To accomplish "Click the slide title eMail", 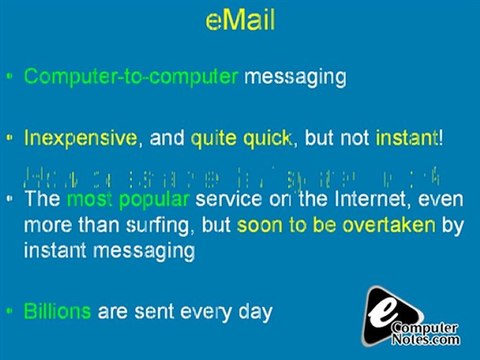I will [240, 20].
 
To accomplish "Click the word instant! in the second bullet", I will [409, 137].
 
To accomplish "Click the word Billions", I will [57, 311].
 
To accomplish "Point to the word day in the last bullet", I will [254, 311].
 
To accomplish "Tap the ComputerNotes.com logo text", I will [424, 333].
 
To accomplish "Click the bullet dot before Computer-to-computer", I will [9, 77].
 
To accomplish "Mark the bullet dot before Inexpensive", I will [9, 138].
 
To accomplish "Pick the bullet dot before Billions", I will [9, 312].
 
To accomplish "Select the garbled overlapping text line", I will [230, 173].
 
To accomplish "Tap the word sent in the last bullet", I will [146, 311].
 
